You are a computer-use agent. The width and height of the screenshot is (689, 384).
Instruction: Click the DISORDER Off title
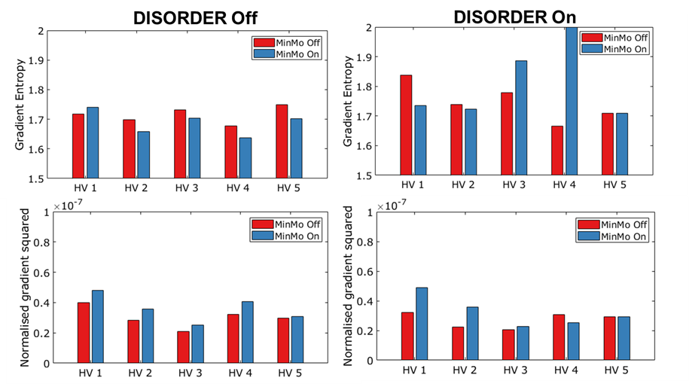tap(195, 18)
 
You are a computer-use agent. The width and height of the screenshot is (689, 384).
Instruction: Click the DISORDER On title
tap(514, 17)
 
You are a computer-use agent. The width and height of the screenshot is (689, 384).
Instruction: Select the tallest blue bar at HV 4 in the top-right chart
tap(572, 101)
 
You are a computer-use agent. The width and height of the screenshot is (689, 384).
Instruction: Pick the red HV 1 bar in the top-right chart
tap(406, 125)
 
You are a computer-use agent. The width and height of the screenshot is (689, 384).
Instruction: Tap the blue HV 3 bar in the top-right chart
tap(521, 117)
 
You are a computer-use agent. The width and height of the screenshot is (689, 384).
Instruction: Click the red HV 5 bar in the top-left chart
tap(282, 142)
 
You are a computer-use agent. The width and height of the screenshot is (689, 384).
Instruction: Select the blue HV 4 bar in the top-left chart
tap(245, 158)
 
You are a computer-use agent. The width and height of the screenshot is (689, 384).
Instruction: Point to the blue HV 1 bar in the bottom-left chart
tap(98, 327)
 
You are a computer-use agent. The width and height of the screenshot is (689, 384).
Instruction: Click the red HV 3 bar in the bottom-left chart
tap(183, 347)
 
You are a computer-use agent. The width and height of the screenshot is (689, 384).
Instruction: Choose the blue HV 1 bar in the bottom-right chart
tap(422, 324)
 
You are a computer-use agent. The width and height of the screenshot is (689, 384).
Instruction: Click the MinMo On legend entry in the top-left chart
tap(286, 54)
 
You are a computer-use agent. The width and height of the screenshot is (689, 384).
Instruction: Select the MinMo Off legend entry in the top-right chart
tap(614, 38)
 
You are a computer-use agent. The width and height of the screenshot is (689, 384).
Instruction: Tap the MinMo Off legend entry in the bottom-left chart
tap(286, 224)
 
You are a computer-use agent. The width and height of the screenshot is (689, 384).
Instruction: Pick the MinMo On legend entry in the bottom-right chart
tap(612, 236)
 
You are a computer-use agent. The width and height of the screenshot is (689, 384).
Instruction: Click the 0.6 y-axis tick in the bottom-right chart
tap(365, 272)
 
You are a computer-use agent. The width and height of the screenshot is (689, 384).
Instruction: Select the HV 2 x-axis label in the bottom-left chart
tap(140, 373)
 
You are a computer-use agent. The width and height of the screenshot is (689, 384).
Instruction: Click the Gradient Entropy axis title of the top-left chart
tap(20, 105)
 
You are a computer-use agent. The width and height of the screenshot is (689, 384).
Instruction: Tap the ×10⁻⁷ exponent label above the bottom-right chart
tap(392, 206)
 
